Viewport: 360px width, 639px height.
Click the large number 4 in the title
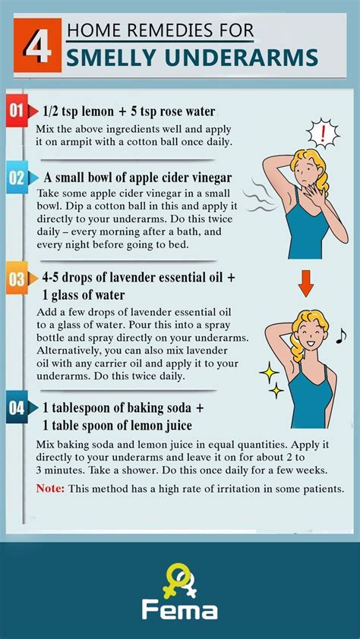35,46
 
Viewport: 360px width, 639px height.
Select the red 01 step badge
17,112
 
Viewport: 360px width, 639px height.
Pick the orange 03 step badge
17,279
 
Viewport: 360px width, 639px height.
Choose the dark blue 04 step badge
17,408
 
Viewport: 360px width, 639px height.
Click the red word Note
50,488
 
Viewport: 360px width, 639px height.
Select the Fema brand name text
179,609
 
